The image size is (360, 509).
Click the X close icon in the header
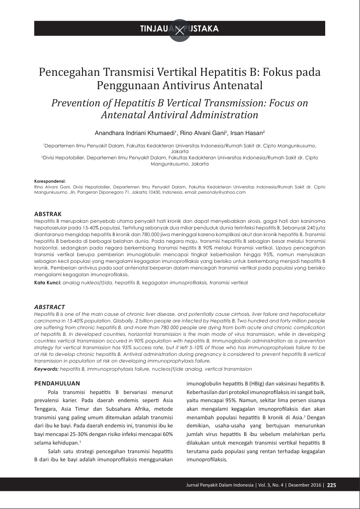[x=180, y=30]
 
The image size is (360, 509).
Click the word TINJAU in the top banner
[x=154, y=29]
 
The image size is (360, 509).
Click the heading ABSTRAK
[x=48, y=214]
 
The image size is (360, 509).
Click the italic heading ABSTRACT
[x=50, y=307]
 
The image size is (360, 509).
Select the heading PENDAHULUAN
[x=57, y=383]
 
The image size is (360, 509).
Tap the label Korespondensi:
[x=50, y=182]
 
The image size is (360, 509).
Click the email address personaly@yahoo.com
[x=224, y=192]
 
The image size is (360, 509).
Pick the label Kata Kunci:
[x=48, y=282]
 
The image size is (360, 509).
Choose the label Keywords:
[x=47, y=369]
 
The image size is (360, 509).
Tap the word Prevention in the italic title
[x=77, y=103]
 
